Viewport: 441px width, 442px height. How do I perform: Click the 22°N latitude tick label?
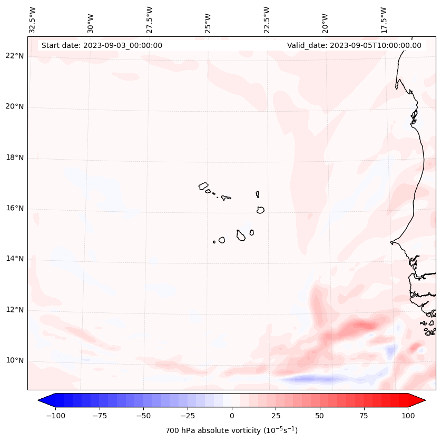tap(15, 56)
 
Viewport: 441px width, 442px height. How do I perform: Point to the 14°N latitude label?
tap(15, 259)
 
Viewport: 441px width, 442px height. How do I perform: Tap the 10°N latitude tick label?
tap(15, 361)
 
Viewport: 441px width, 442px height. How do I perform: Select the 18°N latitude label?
tap(15, 158)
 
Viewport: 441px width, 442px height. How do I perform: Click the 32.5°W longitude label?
tap(33, 20)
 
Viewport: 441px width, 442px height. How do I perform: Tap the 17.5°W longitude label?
tap(384, 20)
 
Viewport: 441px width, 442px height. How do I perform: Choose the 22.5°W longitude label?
tap(267, 20)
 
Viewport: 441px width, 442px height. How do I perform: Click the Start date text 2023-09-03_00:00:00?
tap(102, 45)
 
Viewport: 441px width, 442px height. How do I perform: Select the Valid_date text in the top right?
tap(354, 45)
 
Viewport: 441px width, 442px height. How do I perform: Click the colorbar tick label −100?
tap(55, 416)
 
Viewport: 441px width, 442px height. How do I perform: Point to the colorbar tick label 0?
tap(232, 416)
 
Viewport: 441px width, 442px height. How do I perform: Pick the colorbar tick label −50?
tap(143, 416)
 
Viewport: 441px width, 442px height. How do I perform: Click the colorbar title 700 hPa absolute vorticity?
tap(231, 430)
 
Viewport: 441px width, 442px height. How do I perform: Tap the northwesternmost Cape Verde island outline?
tap(203, 186)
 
